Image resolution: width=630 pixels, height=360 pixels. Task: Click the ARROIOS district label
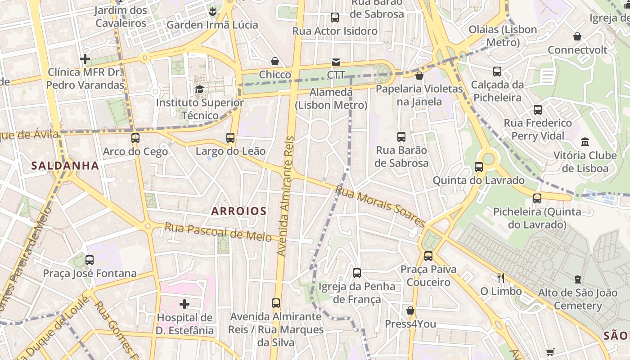(239, 211)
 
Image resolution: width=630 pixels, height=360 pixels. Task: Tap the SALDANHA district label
(65, 166)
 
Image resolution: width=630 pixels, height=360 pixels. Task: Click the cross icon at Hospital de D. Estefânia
(184, 305)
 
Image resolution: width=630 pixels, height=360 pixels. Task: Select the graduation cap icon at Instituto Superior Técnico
(199, 89)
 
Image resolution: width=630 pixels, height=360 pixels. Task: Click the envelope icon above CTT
(336, 62)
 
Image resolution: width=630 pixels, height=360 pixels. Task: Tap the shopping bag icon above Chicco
(275, 61)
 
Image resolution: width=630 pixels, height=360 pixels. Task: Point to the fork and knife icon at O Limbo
(500, 278)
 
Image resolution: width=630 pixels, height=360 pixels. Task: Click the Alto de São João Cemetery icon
(578, 280)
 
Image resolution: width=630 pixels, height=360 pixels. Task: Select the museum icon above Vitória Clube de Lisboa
(585, 142)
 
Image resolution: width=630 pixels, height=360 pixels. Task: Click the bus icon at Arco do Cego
(135, 138)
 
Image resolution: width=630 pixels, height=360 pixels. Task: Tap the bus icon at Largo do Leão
(230, 138)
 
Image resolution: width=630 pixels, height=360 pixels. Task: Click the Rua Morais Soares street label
(380, 207)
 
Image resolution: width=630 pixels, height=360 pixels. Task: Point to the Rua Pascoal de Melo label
(218, 232)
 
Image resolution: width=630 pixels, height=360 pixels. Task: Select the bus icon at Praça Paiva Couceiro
(428, 256)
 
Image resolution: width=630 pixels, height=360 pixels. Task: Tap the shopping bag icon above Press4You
(410, 310)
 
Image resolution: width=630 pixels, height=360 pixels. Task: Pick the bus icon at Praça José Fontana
(90, 260)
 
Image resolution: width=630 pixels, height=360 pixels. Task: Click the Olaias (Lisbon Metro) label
(503, 36)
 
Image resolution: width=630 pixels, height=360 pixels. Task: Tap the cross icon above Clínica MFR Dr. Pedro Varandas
(85, 59)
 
